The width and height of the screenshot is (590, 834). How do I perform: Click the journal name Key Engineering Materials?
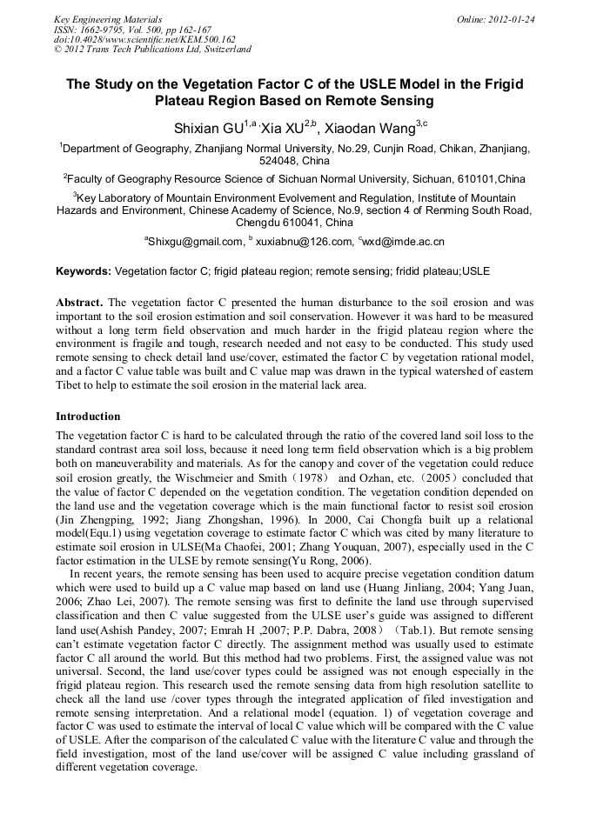coord(108,18)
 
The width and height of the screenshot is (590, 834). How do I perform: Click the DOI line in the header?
coord(144,39)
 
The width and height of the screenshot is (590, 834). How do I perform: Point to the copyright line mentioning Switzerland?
coord(152,50)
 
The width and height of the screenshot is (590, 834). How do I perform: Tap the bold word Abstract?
coord(79,303)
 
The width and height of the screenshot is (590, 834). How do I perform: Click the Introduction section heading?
coord(88,417)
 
